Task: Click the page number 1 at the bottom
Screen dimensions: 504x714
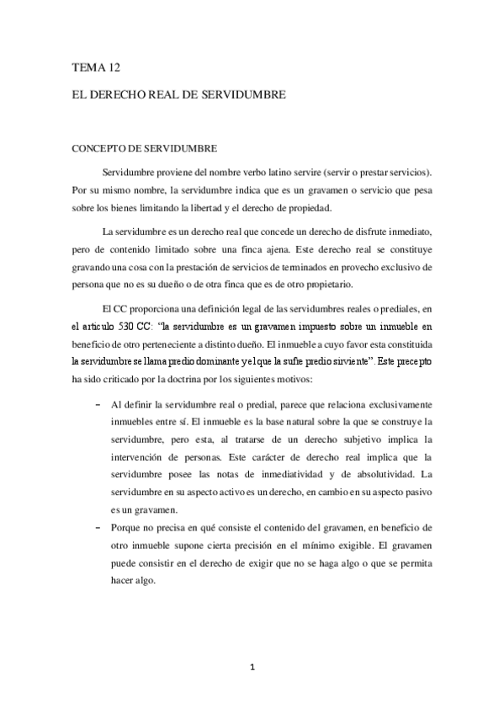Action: [252, 669]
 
